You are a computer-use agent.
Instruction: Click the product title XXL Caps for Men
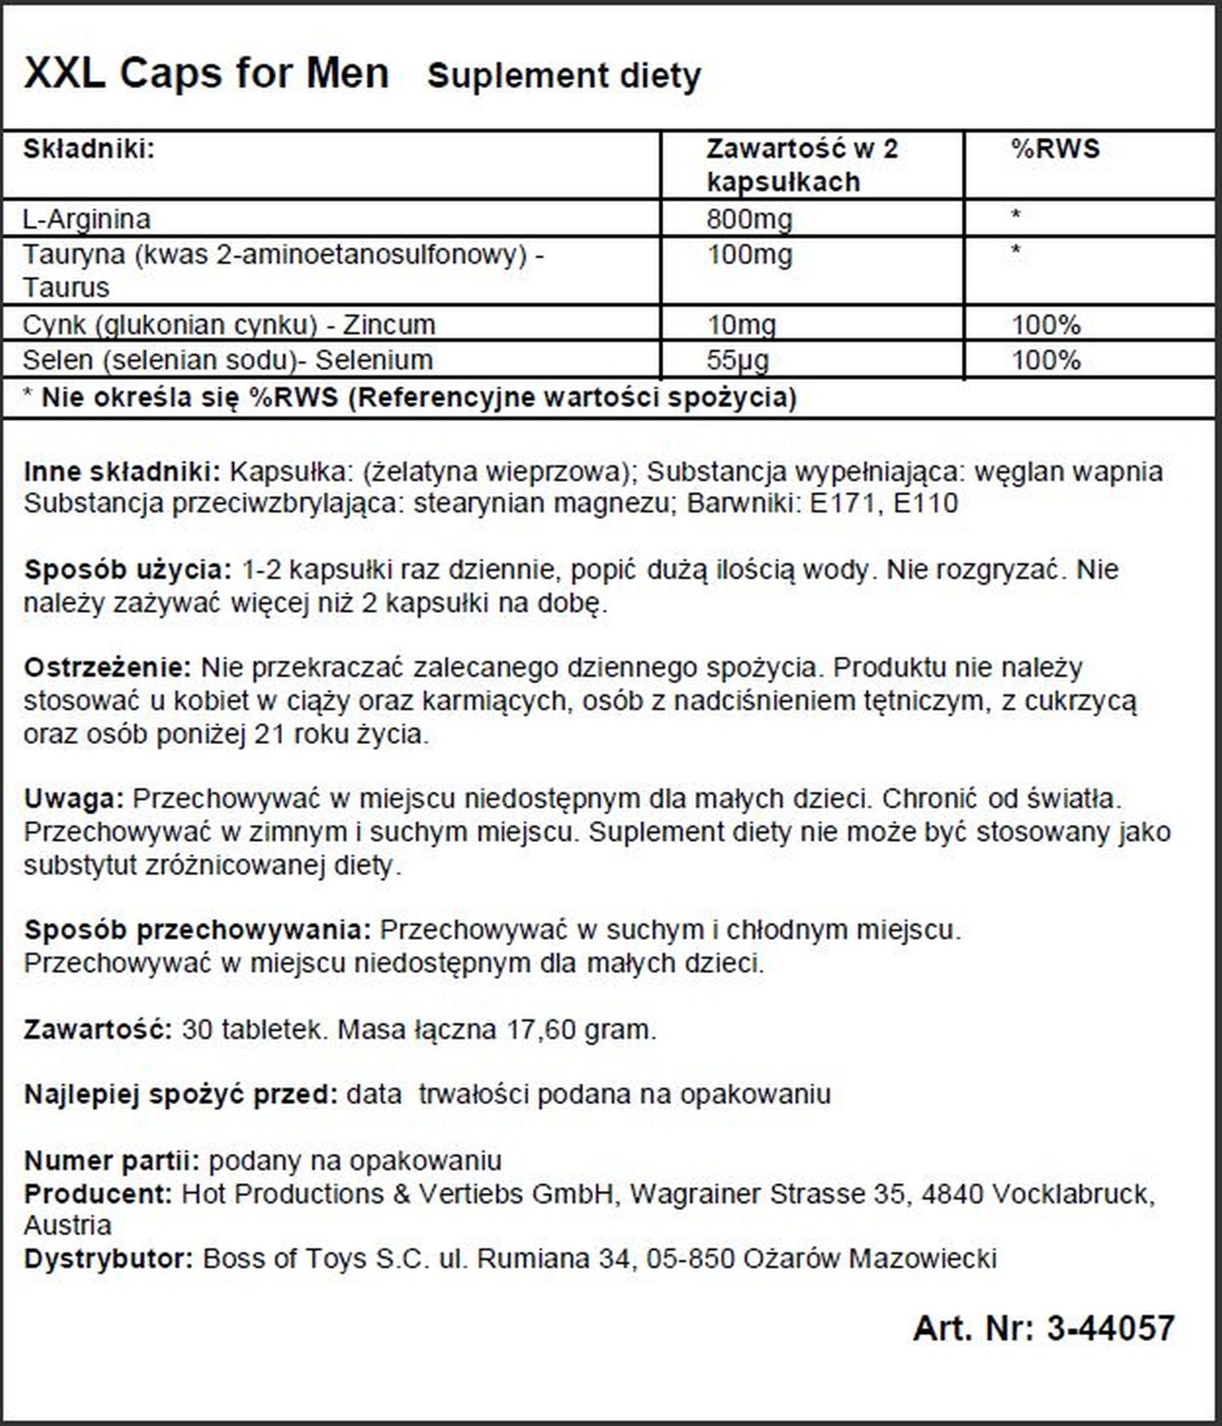(206, 73)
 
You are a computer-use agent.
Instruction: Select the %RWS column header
(1055, 148)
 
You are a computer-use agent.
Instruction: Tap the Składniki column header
(89, 148)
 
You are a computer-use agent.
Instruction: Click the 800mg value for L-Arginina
(749, 218)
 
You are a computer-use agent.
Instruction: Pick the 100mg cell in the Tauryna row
(749, 255)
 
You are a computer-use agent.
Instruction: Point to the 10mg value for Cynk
(741, 324)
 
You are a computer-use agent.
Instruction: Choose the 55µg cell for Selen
(738, 359)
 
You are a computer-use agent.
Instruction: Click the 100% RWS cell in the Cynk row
(1046, 324)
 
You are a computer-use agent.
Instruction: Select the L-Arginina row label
(86, 218)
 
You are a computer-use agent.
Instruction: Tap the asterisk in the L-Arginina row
(1016, 217)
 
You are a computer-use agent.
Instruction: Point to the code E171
(843, 504)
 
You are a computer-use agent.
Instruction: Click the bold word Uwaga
(73, 798)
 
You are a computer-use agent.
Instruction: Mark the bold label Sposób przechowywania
(198, 929)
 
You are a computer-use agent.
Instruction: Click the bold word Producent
(98, 1194)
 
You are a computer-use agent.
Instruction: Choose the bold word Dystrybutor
(108, 1258)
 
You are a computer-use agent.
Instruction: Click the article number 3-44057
(1110, 1327)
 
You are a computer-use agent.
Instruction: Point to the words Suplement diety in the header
(564, 76)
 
